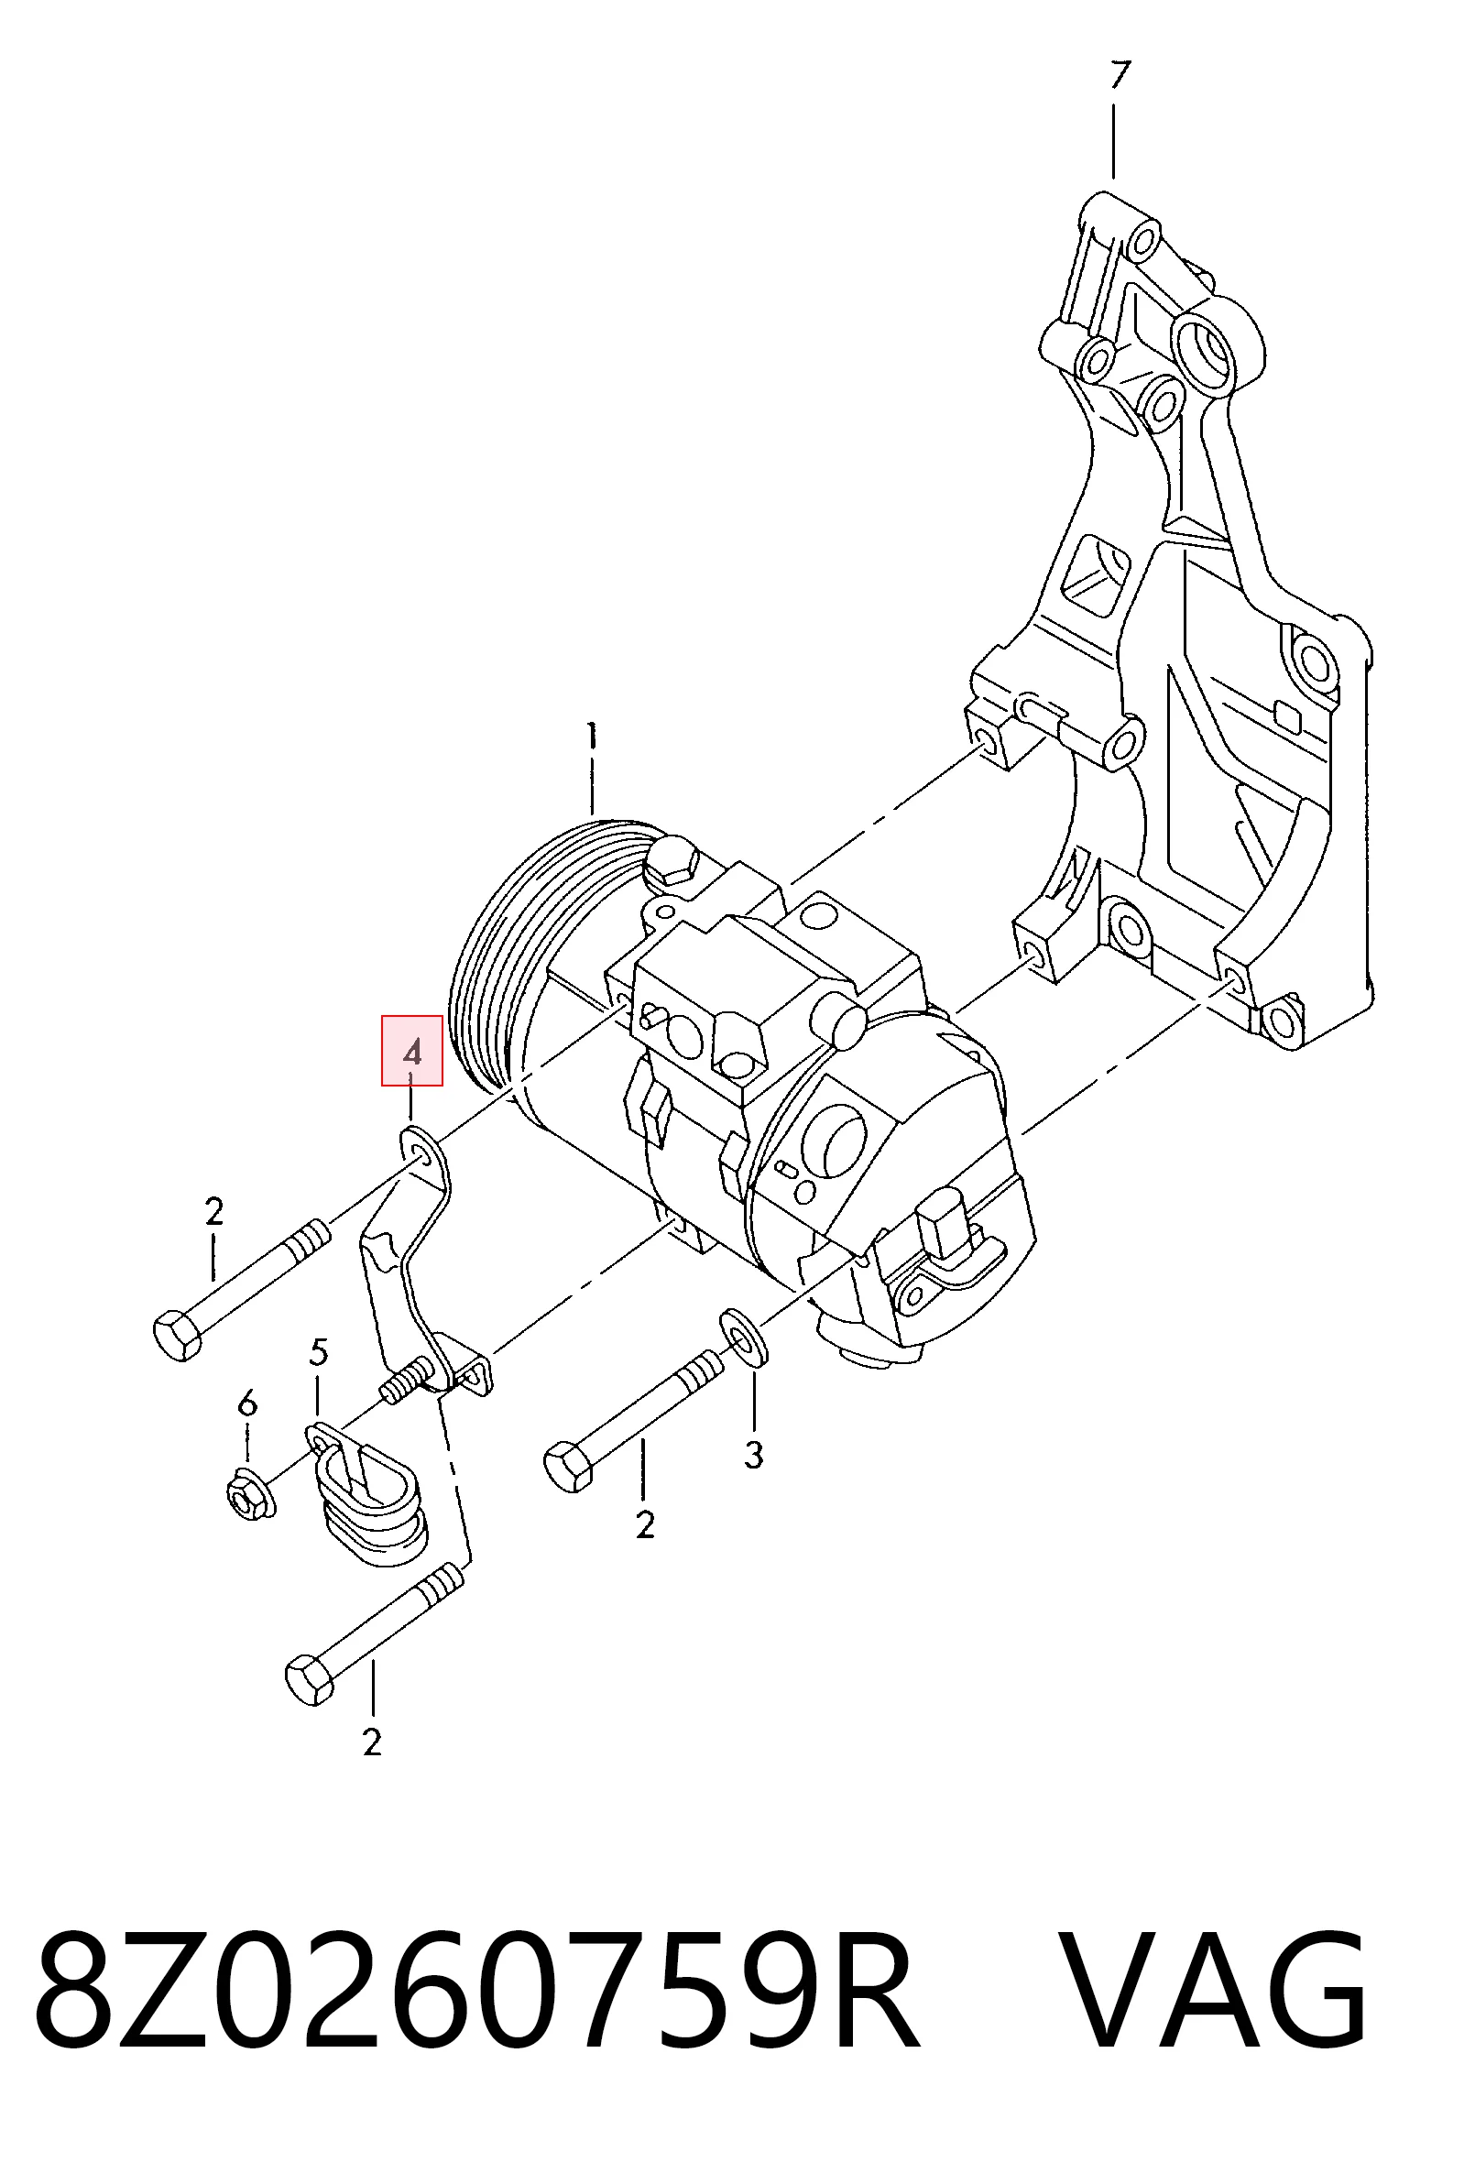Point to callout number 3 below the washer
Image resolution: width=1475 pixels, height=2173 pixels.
point(754,1454)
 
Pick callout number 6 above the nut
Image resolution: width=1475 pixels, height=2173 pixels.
point(247,1403)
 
